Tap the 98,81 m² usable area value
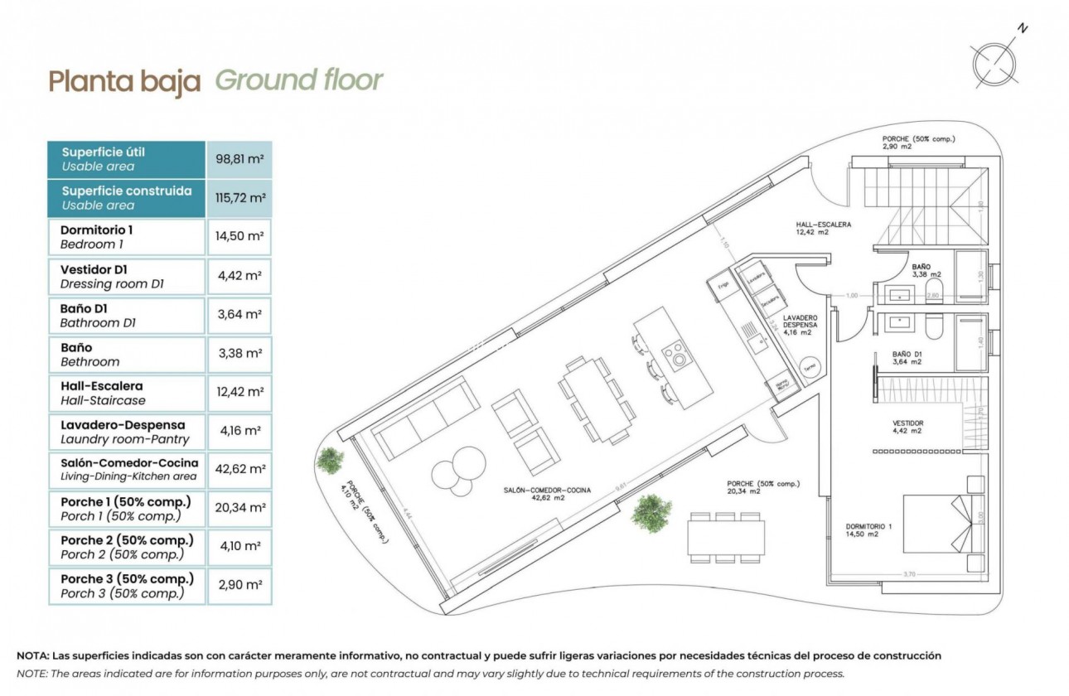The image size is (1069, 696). coord(239,158)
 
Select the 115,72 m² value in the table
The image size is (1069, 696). coord(239,198)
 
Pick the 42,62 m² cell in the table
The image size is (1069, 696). coord(239,469)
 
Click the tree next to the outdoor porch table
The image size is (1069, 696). coord(651,511)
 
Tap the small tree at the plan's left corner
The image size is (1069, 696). coord(331,460)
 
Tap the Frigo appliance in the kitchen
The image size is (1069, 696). coord(721,284)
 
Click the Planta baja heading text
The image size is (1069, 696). coord(124,81)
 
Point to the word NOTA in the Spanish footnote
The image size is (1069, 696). coord(34,655)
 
